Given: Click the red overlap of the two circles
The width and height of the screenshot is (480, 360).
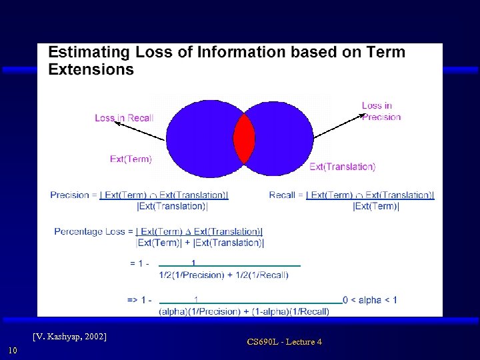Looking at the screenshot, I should tap(243, 139).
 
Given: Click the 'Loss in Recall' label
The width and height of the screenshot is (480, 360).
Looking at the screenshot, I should tap(124, 118).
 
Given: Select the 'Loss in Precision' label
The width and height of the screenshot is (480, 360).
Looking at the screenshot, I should tap(381, 111).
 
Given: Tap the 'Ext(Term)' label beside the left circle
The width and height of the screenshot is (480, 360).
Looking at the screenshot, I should tap(131, 159).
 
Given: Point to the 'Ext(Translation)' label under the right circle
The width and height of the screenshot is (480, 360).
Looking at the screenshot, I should tap(342, 167).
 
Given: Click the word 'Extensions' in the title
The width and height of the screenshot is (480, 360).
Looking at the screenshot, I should tap(91, 69).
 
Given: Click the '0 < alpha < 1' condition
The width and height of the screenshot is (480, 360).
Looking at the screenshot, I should tap(370, 300).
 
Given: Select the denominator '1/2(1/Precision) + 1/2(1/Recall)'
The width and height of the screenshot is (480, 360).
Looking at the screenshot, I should tap(223, 275).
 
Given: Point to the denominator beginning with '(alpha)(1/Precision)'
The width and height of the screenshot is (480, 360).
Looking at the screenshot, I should tap(244, 311).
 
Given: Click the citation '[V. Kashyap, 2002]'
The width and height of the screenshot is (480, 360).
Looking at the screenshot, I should tap(70, 336).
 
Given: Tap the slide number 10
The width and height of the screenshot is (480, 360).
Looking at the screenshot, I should tap(12, 351).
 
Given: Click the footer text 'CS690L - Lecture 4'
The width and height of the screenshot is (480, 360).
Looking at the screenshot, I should tap(284, 342).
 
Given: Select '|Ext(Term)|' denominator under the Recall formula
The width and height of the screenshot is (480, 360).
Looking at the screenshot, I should tap(376, 207).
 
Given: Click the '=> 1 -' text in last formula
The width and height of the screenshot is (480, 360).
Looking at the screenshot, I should tap(139, 300).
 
